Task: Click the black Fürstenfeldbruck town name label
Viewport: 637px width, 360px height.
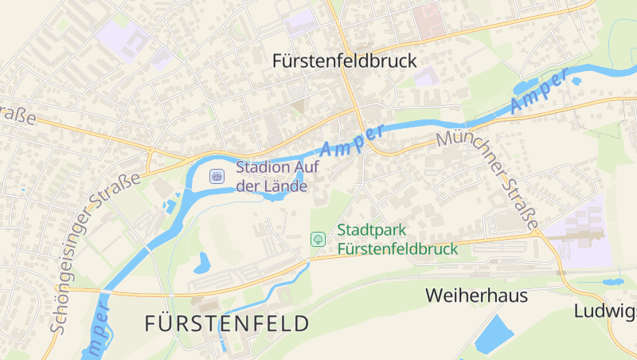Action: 344,61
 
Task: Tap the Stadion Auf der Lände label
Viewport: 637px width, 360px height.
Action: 272,177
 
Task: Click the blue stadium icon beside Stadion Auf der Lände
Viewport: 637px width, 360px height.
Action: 216,176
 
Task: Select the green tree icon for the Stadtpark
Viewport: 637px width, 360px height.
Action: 318,239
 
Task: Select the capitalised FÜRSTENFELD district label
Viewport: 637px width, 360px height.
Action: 227,323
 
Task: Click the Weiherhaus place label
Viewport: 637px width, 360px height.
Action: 476,295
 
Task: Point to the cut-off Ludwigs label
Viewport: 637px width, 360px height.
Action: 605,311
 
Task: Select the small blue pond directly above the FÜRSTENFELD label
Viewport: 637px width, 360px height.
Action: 201,262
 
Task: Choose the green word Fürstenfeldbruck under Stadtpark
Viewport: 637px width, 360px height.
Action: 398,248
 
